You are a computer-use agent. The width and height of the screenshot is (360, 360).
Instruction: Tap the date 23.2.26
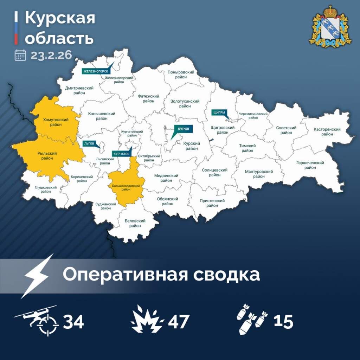(51, 55)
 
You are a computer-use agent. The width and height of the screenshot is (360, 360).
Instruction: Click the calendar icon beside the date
(20, 55)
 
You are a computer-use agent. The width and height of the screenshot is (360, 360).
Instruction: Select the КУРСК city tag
(184, 129)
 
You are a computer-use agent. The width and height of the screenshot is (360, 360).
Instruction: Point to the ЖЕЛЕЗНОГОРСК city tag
(95, 71)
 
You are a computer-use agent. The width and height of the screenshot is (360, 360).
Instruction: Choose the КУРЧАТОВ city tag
(121, 154)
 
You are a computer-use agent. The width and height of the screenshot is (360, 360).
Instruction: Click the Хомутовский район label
(56, 122)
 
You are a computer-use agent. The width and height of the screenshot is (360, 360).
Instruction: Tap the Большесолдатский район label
(126, 187)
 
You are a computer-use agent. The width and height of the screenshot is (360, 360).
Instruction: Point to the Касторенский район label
(327, 131)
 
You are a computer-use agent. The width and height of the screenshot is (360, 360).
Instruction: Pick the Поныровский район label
(181, 74)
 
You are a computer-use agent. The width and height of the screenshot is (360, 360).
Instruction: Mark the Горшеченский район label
(310, 165)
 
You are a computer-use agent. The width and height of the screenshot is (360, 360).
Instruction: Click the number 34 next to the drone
(73, 321)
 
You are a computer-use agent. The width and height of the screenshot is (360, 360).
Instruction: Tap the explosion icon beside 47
(147, 320)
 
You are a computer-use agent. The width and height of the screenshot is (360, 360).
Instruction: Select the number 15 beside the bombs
(283, 321)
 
